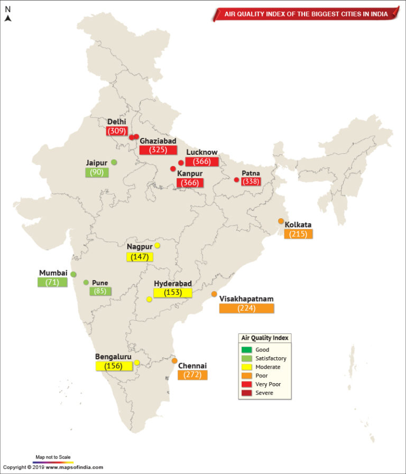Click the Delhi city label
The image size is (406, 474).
[116, 122]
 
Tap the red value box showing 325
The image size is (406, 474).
[158, 150]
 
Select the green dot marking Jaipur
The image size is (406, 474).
[114, 162]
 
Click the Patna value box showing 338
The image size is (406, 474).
[251, 181]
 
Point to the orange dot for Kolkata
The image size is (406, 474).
[281, 221]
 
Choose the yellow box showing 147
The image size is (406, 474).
[140, 257]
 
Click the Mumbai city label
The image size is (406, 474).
[53, 273]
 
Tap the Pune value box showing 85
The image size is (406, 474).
[100, 291]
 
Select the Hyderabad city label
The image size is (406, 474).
[172, 283]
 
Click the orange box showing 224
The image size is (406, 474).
[246, 308]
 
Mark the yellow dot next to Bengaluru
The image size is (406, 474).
[137, 363]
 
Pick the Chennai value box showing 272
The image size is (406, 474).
[192, 375]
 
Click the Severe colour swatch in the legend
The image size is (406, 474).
[246, 393]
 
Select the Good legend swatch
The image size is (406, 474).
[246, 349]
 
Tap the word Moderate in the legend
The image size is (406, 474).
[267, 367]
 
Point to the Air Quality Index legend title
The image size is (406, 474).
[265, 338]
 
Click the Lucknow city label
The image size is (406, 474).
[201, 152]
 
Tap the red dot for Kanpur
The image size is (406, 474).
[173, 169]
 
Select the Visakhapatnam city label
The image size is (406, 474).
[246, 299]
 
